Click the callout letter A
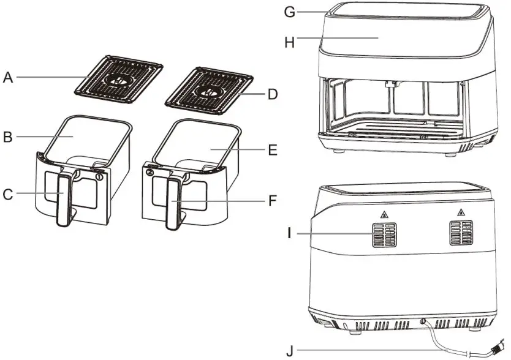[7, 77]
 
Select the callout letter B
[7, 137]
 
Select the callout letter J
[289, 351]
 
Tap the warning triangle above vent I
[384, 214]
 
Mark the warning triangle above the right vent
[460, 212]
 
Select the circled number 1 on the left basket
[100, 176]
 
